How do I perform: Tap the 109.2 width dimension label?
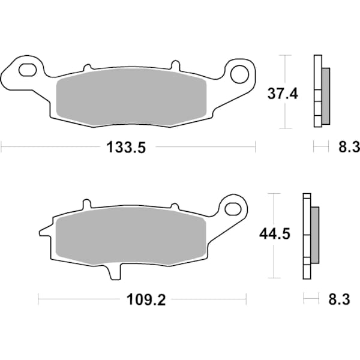pos(142,298)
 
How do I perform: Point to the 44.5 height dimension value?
pos(274,234)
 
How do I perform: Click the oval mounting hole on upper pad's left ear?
pos(28,71)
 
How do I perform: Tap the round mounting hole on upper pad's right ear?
pos(239,74)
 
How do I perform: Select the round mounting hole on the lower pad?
pos(233,208)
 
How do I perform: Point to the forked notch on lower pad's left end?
pos(45,230)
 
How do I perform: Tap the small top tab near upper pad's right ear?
pos(175,65)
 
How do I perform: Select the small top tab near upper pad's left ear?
pos(88,67)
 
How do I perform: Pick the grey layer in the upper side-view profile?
pos(326,96)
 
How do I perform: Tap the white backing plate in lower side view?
pos(307,235)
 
